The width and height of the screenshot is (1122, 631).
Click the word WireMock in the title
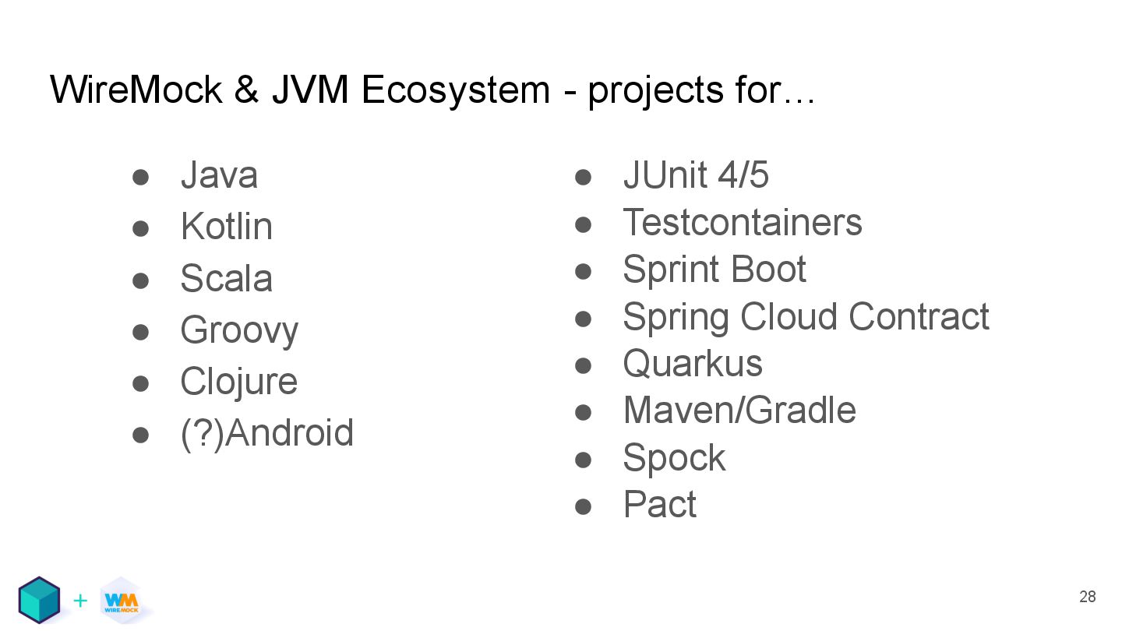pos(136,90)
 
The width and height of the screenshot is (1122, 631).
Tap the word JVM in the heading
pos(309,90)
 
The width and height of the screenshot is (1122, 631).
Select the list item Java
pos(219,175)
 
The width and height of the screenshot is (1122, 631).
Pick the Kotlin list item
pos(226,227)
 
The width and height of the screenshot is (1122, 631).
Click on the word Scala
pos(226,279)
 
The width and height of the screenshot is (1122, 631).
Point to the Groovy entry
pos(238,330)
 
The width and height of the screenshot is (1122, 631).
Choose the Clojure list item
pos(238,382)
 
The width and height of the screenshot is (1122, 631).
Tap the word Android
pos(289,433)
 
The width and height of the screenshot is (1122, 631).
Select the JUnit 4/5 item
pos(696,175)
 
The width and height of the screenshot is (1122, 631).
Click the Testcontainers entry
pos(743,222)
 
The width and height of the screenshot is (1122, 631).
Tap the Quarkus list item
pos(693,364)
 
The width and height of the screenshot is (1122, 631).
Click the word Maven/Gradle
pos(739,411)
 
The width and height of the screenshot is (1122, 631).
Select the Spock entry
pos(674,458)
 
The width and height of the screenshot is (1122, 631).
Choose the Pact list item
pos(659,505)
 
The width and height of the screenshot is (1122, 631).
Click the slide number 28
pos(1087,597)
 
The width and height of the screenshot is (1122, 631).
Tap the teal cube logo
pos(39,600)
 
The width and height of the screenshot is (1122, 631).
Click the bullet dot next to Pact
pos(583,506)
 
